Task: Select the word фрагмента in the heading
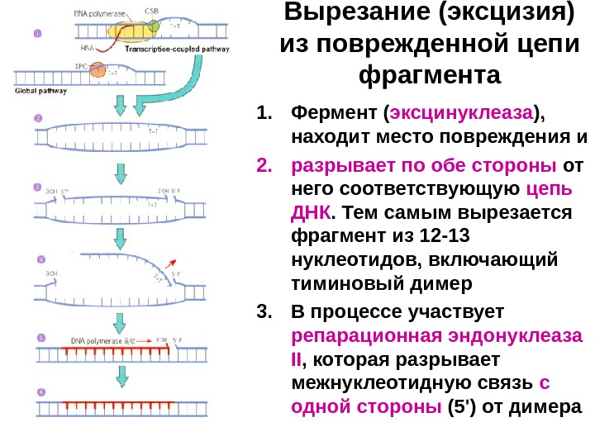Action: click(x=431, y=76)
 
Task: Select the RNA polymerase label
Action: click(x=94, y=12)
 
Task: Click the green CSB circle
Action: click(x=155, y=26)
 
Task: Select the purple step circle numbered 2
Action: click(x=37, y=118)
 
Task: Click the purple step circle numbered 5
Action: click(x=38, y=337)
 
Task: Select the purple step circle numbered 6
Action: click(x=38, y=391)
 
